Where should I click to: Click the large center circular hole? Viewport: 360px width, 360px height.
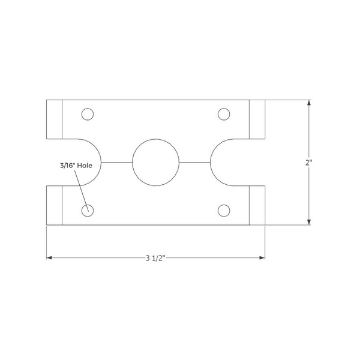pyautogui.click(x=156, y=163)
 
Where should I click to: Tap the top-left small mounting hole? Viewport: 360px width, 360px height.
pyautogui.click(x=88, y=114)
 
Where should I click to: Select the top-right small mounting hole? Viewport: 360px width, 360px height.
pyautogui.click(x=224, y=114)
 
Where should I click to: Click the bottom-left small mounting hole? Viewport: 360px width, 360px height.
pyautogui.click(x=88, y=210)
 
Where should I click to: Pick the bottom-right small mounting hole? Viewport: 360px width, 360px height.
pyautogui.click(x=224, y=210)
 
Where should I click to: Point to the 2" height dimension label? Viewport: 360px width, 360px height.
pyautogui.click(x=309, y=163)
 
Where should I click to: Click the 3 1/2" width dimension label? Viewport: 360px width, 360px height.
pyautogui.click(x=155, y=258)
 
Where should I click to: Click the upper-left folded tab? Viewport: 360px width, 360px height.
pyautogui.click(x=55, y=119)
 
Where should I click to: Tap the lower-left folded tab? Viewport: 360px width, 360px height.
pyautogui.click(x=55, y=206)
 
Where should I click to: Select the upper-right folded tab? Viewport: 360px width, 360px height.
pyautogui.click(x=257, y=119)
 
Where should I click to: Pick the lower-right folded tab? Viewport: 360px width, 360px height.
pyautogui.click(x=257, y=206)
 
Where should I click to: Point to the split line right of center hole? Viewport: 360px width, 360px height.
pyautogui.click(x=194, y=163)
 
